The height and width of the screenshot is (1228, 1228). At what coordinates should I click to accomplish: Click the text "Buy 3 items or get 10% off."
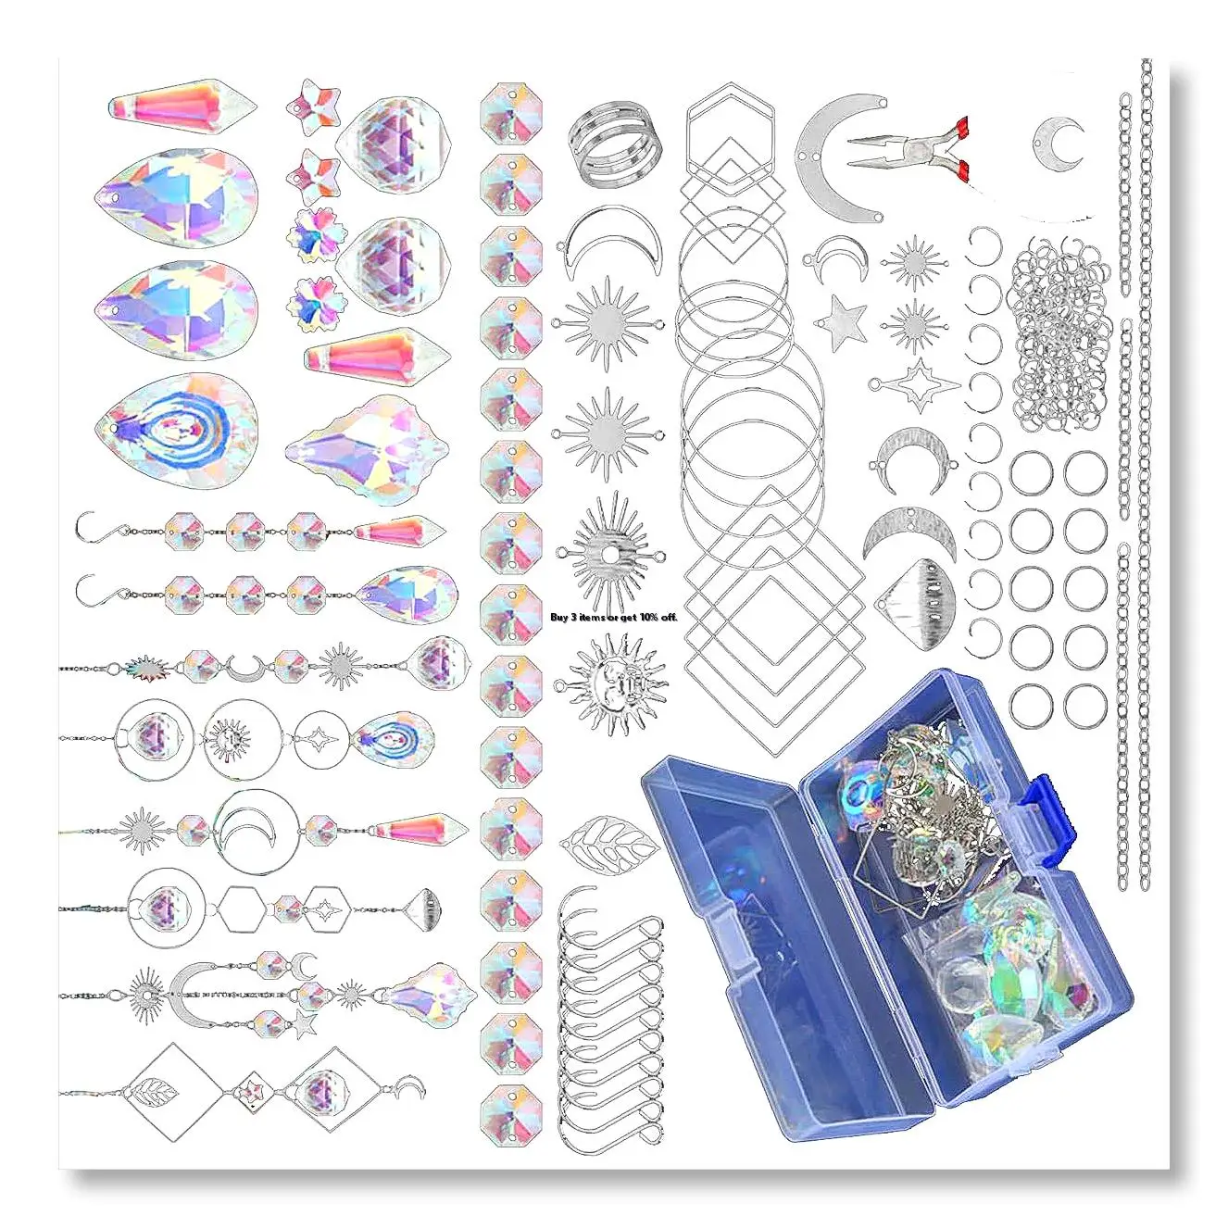pyautogui.click(x=614, y=617)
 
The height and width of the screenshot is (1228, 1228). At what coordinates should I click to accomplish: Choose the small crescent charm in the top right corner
pyautogui.click(x=1058, y=143)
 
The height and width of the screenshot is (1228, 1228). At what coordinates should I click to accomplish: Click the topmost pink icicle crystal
pyautogui.click(x=182, y=107)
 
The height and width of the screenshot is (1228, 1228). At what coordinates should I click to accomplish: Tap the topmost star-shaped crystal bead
pyautogui.click(x=313, y=107)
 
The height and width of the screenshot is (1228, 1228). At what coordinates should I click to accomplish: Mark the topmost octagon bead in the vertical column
pyautogui.click(x=511, y=114)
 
